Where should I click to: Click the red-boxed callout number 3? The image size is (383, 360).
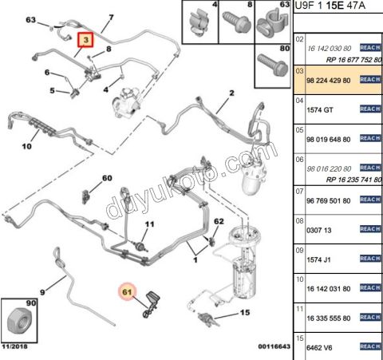coord(85,40)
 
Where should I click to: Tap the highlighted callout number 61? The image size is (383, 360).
coord(127,292)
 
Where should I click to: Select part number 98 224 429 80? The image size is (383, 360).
coord(329,81)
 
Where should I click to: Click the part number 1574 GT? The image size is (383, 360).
coord(320,110)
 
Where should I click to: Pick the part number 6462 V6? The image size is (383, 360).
coord(319,348)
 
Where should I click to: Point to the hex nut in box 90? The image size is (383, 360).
coord(19,322)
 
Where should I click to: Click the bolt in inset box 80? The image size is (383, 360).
coord(273,65)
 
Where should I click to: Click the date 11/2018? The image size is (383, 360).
coord(14,346)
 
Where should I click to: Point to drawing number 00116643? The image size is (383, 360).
coord(274,346)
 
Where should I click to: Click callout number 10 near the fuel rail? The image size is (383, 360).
coord(26,146)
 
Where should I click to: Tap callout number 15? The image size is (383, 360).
coord(245,312)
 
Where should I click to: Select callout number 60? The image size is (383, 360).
coord(107,178)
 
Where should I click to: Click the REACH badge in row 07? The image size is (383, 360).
coord(370,200)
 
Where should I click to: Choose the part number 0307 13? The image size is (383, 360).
coord(319,230)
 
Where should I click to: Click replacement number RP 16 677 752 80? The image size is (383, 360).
coord(354,60)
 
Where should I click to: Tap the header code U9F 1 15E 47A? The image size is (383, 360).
coord(330,6)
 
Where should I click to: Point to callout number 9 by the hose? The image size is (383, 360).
coord(42,292)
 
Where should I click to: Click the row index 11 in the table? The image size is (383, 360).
coord(299,309)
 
